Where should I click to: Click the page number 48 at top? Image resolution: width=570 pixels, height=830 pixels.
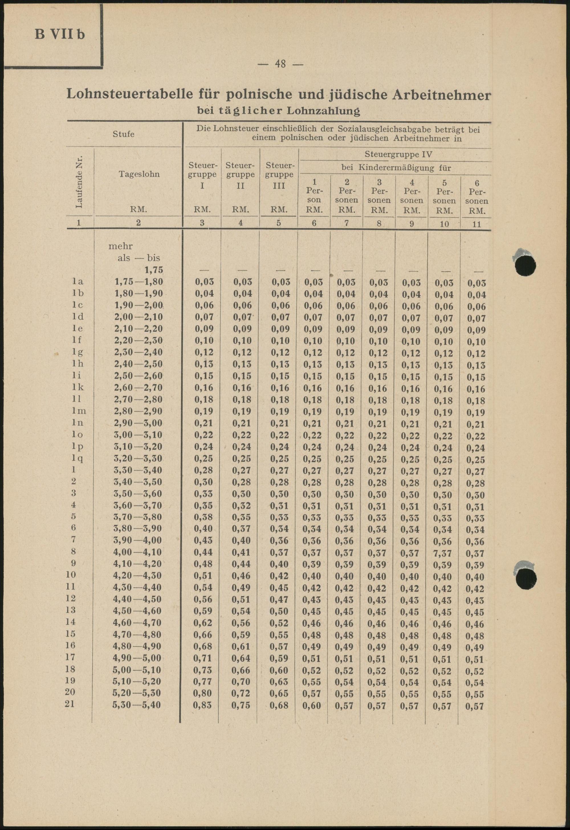pyautogui.click(x=280, y=64)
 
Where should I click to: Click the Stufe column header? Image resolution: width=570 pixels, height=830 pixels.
pyautogui.click(x=123, y=134)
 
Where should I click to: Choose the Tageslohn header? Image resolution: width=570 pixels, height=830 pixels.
pyautogui.click(x=139, y=174)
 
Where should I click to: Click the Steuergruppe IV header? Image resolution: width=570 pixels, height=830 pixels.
pyautogui.click(x=398, y=155)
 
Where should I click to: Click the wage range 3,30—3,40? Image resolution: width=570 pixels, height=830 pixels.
pyautogui.click(x=138, y=471)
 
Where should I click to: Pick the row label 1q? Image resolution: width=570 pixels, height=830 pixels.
pyautogui.click(x=78, y=459)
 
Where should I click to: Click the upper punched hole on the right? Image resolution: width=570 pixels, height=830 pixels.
pyautogui.click(x=526, y=265)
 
